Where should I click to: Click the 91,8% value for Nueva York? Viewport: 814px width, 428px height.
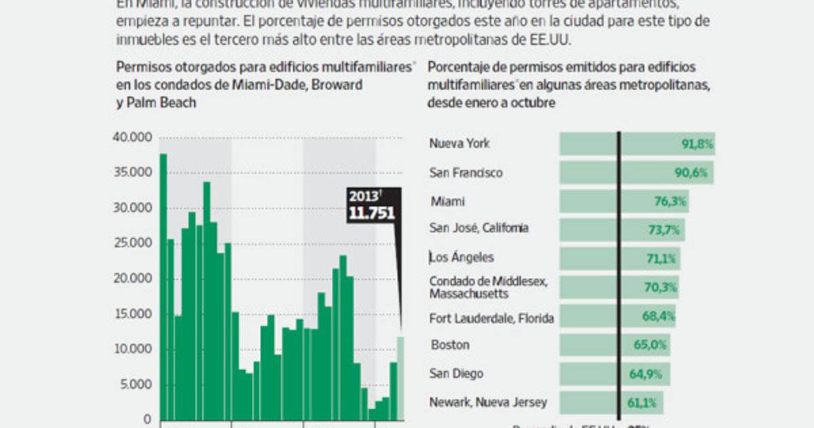point(696,144)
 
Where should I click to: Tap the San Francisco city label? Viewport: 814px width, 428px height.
point(466,173)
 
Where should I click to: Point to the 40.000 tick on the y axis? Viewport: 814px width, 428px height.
point(132,138)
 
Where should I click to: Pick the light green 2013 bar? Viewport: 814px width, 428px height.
point(401,378)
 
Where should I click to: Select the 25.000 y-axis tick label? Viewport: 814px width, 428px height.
point(132,244)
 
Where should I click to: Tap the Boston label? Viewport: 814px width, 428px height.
point(449,344)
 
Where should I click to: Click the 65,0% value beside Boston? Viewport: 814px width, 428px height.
point(651,345)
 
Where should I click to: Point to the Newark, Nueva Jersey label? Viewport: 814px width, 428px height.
point(488,402)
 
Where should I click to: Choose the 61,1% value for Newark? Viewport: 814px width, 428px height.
point(642,403)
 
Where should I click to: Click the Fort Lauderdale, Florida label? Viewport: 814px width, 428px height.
point(491,318)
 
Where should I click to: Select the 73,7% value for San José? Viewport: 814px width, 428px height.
point(663,230)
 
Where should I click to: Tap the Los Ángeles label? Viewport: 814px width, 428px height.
point(462,257)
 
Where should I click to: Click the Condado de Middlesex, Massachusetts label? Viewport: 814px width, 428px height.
point(488,287)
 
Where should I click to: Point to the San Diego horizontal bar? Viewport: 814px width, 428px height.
point(614,374)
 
